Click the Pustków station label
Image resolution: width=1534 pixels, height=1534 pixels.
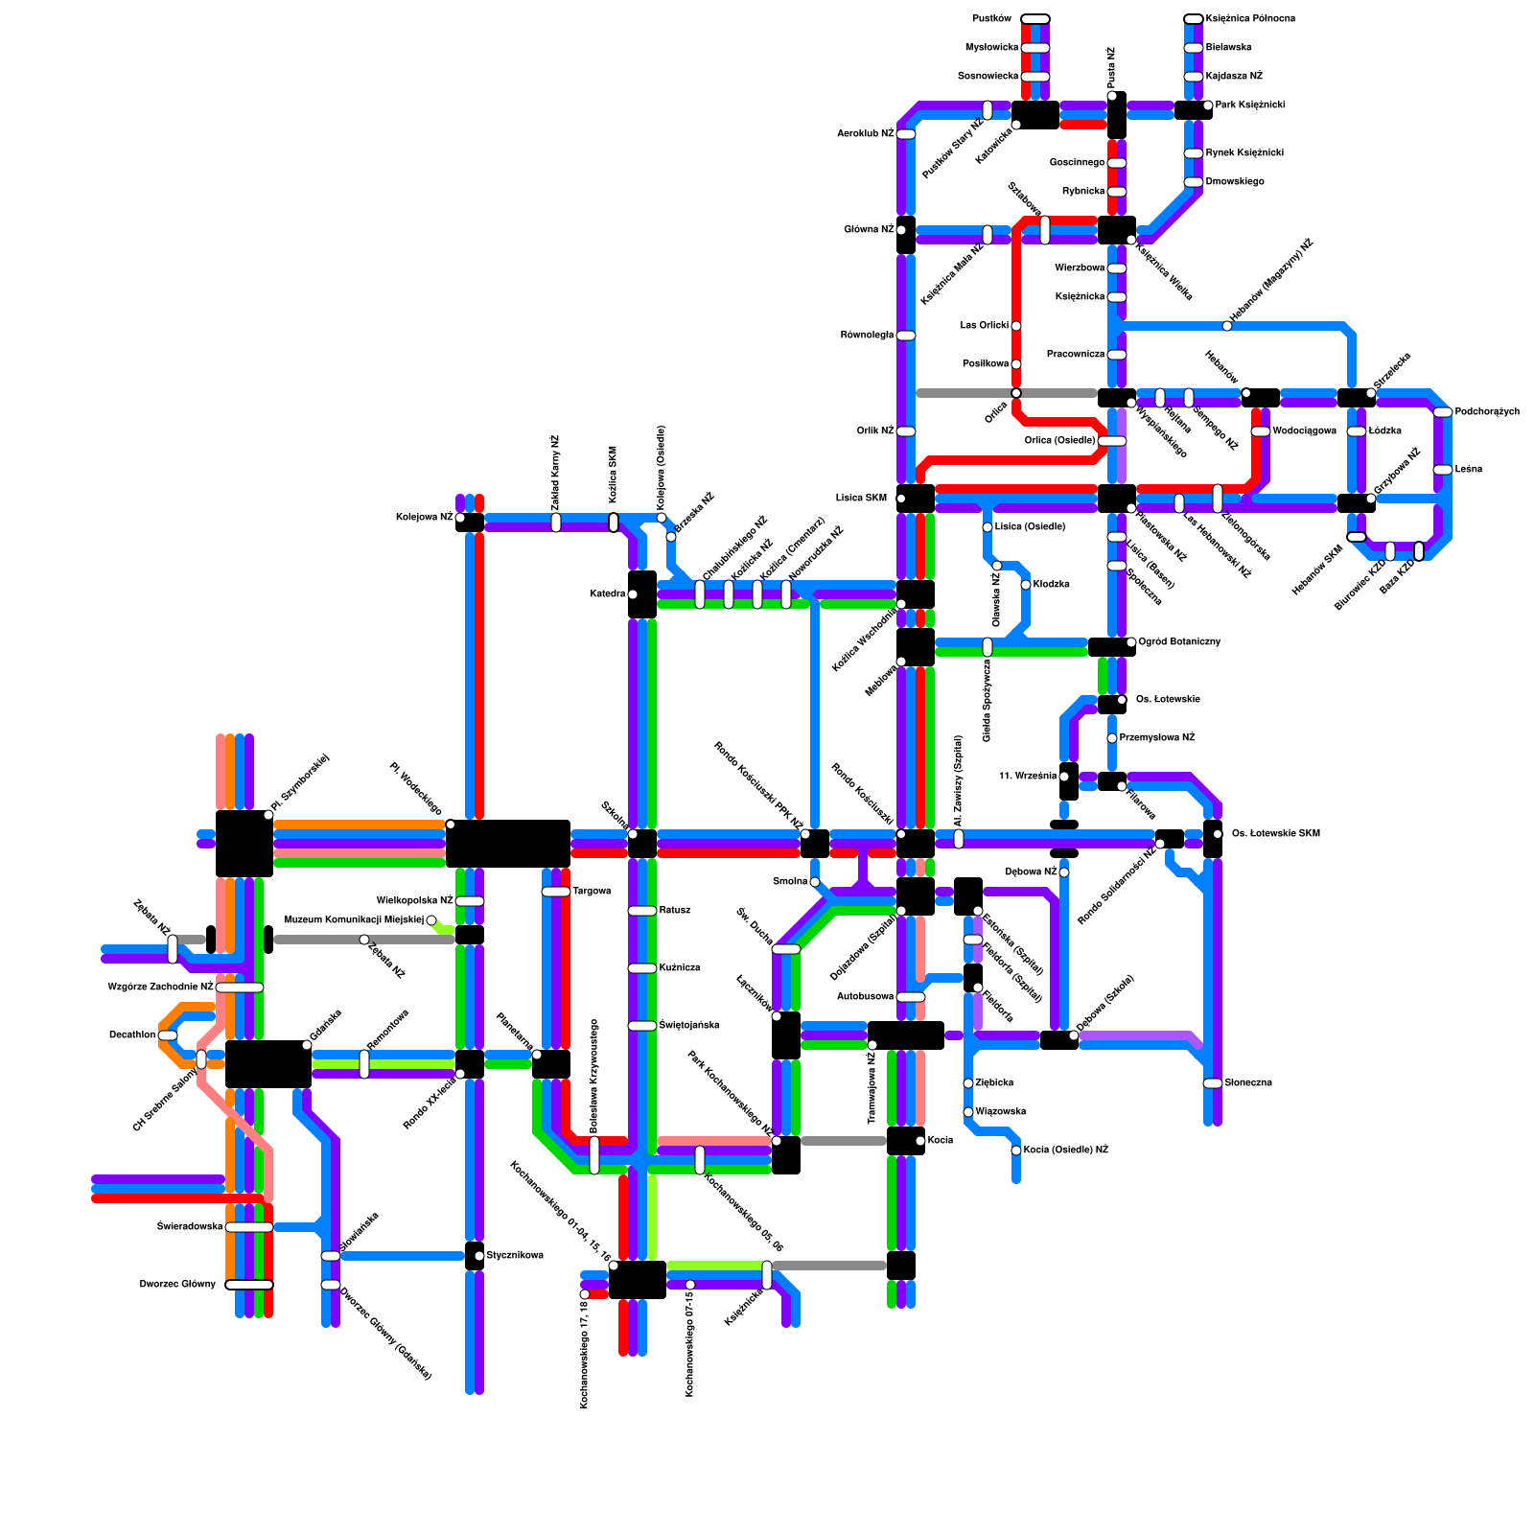991,18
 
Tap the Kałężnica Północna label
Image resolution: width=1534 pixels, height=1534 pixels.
1250,18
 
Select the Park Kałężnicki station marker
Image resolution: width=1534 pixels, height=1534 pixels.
1208,105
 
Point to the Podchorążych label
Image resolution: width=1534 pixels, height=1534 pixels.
1487,412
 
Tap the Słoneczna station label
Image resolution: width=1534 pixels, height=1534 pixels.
1248,1083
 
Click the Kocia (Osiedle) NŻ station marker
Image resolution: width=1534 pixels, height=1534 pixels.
1016,1150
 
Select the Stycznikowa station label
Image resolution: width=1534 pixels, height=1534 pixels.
515,1256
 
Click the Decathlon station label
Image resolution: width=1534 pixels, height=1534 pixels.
131,1035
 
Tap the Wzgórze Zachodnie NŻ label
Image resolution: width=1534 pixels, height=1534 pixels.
160,988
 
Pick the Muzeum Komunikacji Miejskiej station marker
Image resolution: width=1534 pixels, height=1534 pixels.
431,920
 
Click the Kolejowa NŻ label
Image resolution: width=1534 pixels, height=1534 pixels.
424,518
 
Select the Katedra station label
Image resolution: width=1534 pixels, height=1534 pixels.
608,594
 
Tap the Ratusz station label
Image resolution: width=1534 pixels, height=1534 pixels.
675,911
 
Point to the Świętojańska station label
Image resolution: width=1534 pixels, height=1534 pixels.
689,1026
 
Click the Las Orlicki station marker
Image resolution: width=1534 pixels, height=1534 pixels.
1016,326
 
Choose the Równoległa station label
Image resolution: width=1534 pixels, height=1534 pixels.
867,336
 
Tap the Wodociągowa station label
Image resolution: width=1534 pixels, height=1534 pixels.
1304,431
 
